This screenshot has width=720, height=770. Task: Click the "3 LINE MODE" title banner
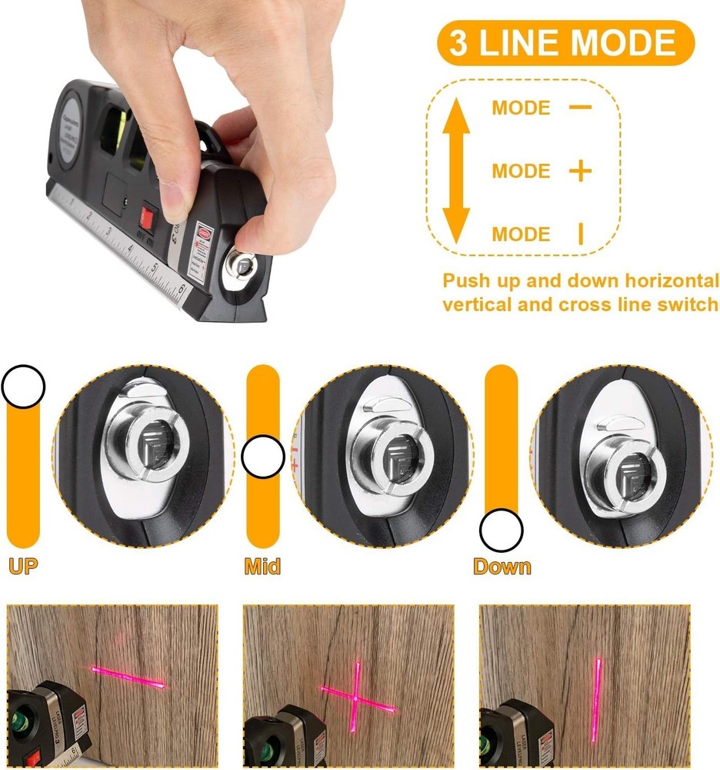tap(565, 43)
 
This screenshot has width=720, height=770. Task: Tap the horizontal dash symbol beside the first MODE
tap(581, 107)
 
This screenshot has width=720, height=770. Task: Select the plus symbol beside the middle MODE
tap(581, 171)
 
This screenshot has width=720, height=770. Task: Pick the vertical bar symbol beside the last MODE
tap(581, 234)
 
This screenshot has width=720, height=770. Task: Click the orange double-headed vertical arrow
tap(456, 170)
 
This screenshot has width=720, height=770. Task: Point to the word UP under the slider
tap(23, 567)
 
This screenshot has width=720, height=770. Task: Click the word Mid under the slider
tap(262, 567)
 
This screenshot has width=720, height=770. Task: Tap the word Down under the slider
tap(502, 567)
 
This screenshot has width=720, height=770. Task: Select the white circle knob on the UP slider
tap(23, 386)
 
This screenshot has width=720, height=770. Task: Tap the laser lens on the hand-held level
tap(243, 268)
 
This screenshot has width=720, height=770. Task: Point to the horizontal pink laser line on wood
tap(128, 677)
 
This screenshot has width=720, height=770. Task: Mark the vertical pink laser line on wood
tap(598, 693)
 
